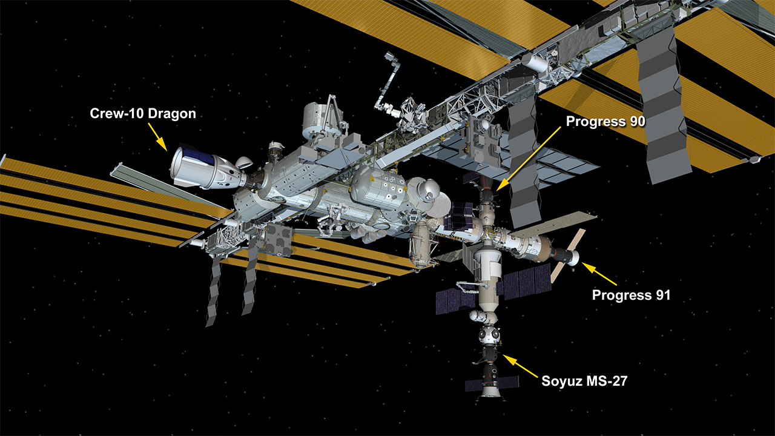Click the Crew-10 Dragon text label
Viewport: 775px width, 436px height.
pyautogui.click(x=143, y=113)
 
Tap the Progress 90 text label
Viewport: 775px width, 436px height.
pyautogui.click(x=605, y=121)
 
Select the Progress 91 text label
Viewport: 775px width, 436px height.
pyautogui.click(x=632, y=296)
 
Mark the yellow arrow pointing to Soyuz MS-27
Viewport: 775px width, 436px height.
pyautogui.click(x=518, y=365)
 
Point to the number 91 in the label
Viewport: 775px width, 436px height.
pyautogui.click(x=661, y=296)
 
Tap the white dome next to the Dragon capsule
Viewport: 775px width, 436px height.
pyautogui.click(x=244, y=162)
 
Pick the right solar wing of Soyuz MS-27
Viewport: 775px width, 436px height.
pyautogui.click(x=508, y=382)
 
